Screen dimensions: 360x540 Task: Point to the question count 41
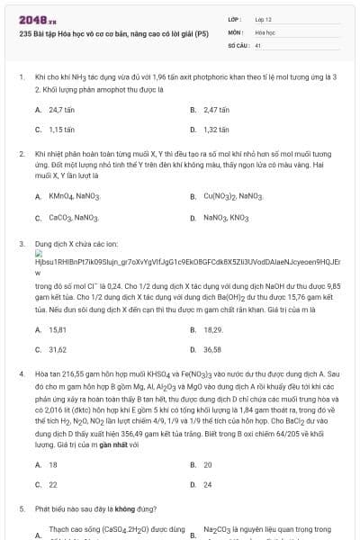pos(258,44)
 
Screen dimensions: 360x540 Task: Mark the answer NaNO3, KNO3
pos(226,217)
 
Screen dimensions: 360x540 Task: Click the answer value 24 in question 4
pos(208,484)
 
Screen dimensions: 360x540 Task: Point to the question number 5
pos(20,508)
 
